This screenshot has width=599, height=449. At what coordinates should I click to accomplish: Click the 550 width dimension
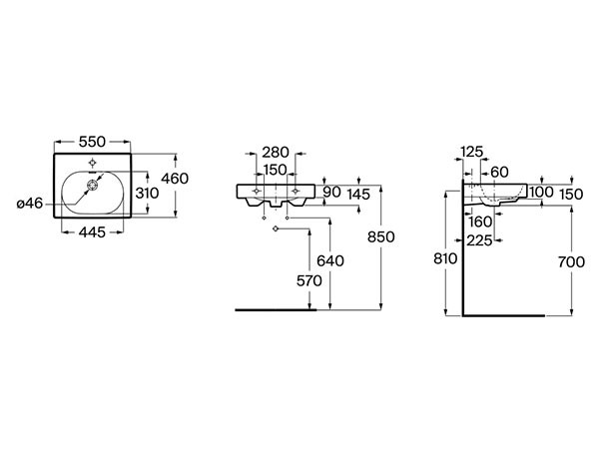point(92,142)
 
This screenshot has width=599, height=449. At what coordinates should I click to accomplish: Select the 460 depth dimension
point(175,179)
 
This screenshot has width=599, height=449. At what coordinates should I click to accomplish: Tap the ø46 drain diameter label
point(30,204)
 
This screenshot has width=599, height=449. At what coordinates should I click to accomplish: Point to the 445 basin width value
point(92,232)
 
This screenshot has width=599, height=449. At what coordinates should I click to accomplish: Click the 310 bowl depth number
point(147,194)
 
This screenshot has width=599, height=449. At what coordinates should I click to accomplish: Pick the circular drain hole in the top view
point(92,186)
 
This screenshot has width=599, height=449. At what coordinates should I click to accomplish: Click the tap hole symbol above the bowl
point(92,163)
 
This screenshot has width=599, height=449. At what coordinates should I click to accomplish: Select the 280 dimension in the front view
point(276,153)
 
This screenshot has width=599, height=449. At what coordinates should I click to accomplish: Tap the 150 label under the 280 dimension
point(276,170)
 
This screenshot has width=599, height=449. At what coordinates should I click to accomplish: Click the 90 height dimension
point(332,192)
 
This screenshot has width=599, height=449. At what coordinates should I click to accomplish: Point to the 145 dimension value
point(358,195)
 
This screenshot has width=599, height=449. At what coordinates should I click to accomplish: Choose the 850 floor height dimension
point(381,237)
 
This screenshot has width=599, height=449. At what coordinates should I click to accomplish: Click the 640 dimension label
point(330,261)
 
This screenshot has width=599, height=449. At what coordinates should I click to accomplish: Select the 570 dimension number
point(309,281)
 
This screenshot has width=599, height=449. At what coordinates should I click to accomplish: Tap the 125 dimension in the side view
point(472,152)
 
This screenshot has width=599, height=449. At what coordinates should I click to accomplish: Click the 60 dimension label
point(500,173)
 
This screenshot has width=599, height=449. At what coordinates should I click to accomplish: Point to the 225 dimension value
point(479,240)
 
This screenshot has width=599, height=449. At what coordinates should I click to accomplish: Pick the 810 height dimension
point(445,258)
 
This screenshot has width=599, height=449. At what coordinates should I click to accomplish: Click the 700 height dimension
point(571,262)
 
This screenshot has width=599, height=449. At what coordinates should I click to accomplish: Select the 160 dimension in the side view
point(480,222)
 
